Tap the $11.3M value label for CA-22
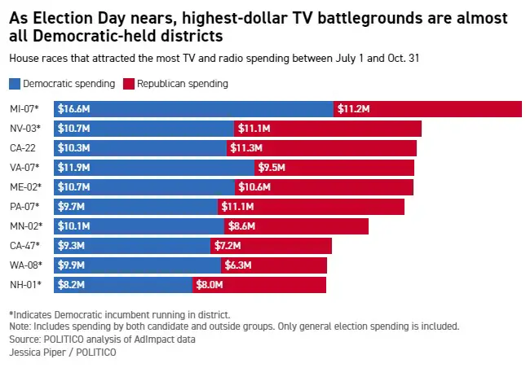click(x=247, y=148)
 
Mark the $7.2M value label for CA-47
click(x=229, y=245)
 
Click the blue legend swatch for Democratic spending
click(x=14, y=84)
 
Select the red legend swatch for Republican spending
click(x=128, y=84)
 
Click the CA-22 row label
click(x=24, y=148)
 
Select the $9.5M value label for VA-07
click(x=272, y=168)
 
